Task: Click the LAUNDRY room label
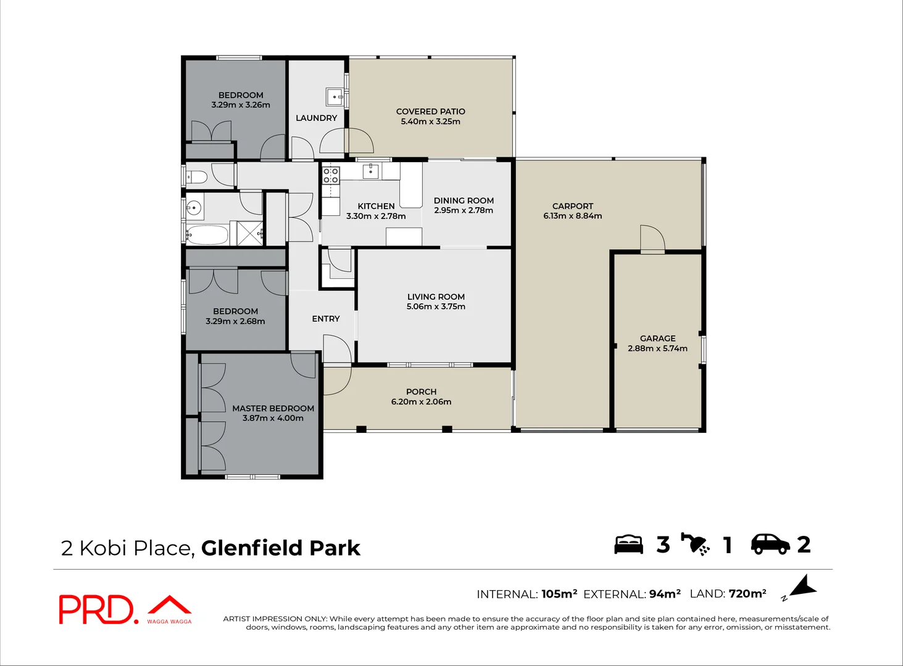coord(316,118)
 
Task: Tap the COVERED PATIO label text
coord(430,112)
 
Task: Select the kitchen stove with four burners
coord(331,175)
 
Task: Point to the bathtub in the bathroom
coord(207,234)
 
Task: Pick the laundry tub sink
coord(335,97)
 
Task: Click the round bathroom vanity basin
coord(194,208)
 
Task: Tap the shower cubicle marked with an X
coord(250,233)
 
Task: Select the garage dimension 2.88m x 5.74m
coord(657,348)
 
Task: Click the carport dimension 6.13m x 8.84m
coord(572,216)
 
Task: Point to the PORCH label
coord(421,392)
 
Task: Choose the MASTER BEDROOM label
coord(273,408)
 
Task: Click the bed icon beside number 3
coord(628,545)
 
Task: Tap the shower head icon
coord(696,544)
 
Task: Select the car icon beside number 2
coord(770,544)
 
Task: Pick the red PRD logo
coord(96,609)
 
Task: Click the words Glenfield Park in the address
coord(281,548)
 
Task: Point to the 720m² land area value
coord(747,594)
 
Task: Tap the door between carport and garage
coord(652,240)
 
